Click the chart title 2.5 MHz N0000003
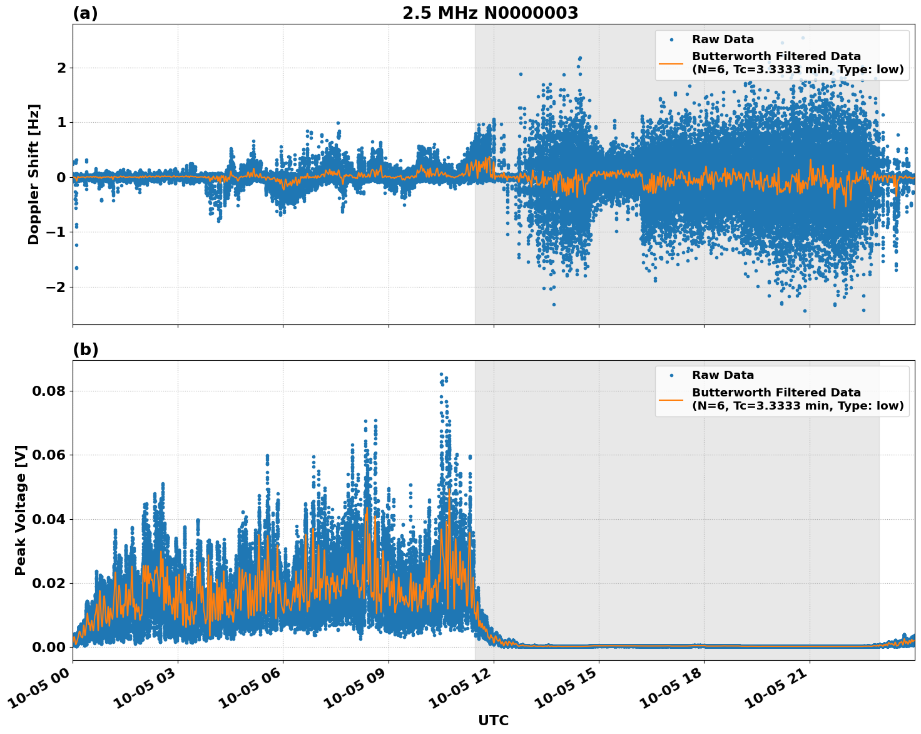coord(490,13)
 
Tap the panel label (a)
coord(85,13)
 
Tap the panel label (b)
coord(85,349)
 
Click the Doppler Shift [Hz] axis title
coord(34,174)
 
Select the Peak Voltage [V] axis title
coord(21,510)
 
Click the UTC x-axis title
coord(493,720)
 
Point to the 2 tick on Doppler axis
coord(61,68)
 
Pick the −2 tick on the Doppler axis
coord(56,287)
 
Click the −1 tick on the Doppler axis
coord(56,232)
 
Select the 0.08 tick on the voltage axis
coord(48,391)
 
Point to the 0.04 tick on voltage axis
coord(48,519)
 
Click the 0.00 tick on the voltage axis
coord(48,647)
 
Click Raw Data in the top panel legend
coord(723,39)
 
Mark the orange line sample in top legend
coord(671,63)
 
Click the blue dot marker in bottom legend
coord(671,375)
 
